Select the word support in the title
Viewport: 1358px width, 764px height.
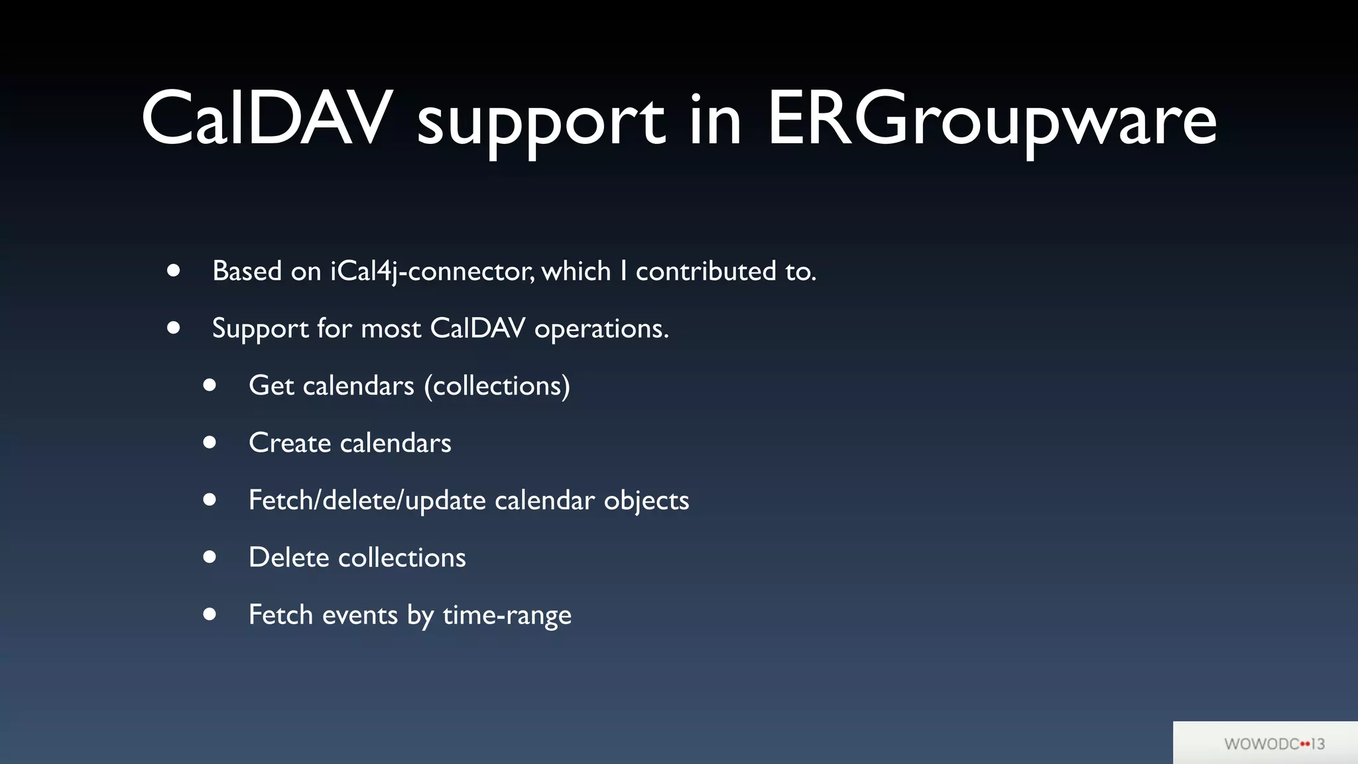coord(540,123)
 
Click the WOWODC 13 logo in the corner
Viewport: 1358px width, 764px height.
coord(1274,743)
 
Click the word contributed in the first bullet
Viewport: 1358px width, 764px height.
coord(706,271)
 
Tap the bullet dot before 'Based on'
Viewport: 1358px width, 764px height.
coord(174,271)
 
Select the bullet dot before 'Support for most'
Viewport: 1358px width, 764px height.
coord(174,328)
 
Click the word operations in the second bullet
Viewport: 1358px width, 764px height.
coord(601,329)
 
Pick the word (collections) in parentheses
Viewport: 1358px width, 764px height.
coord(497,386)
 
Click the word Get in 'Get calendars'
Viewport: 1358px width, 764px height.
coord(271,386)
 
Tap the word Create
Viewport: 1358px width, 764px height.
coord(289,443)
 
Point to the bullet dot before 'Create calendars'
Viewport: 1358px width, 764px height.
coord(210,442)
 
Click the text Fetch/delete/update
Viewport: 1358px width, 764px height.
coord(367,501)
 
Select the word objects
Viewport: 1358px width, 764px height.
coord(646,501)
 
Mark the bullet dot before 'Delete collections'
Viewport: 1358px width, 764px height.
coord(210,557)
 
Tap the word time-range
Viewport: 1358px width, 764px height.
coord(507,615)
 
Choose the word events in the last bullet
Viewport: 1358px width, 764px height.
coord(359,615)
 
